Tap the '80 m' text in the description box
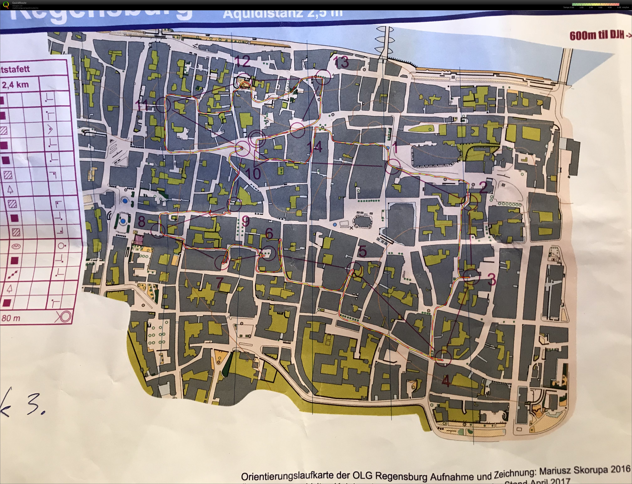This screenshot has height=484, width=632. click(11, 318)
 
